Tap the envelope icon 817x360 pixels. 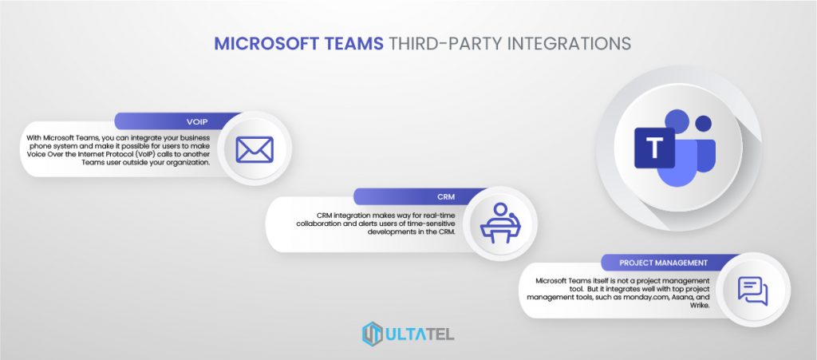[255, 148]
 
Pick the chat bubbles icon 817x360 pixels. [752, 290]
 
